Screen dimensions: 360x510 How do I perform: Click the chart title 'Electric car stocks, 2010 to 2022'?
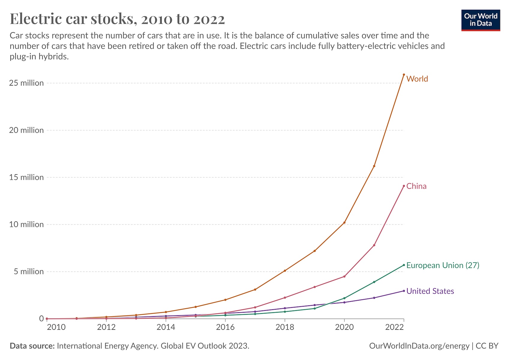(117, 19)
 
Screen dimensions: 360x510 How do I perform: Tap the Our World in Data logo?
(481, 20)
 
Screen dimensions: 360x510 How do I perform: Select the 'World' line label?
(417, 79)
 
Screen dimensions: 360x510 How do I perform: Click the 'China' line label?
(416, 186)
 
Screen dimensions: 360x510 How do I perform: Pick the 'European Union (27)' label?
(442, 265)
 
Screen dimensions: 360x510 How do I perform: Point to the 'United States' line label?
(430, 291)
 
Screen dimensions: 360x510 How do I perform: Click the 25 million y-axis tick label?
(26, 83)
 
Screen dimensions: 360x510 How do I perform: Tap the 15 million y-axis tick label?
(26, 177)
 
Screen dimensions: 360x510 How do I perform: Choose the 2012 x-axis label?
(106, 327)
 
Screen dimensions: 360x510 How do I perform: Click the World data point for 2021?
(374, 166)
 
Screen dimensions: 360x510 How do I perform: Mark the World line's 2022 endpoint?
(404, 75)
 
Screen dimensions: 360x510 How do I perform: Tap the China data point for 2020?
(344, 276)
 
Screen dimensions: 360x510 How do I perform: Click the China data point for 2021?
(374, 245)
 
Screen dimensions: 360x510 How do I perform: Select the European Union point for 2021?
(374, 282)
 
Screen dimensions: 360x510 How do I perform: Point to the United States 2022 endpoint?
(404, 291)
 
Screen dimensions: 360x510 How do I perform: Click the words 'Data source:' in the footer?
(32, 346)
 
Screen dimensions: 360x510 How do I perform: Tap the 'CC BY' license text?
(487, 346)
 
